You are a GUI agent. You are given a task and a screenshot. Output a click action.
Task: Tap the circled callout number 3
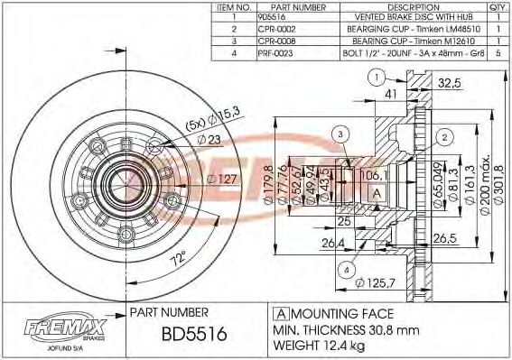click(339, 134)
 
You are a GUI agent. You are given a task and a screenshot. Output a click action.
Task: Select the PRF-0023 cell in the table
click(276, 52)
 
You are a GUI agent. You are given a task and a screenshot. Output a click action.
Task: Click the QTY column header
click(498, 7)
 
